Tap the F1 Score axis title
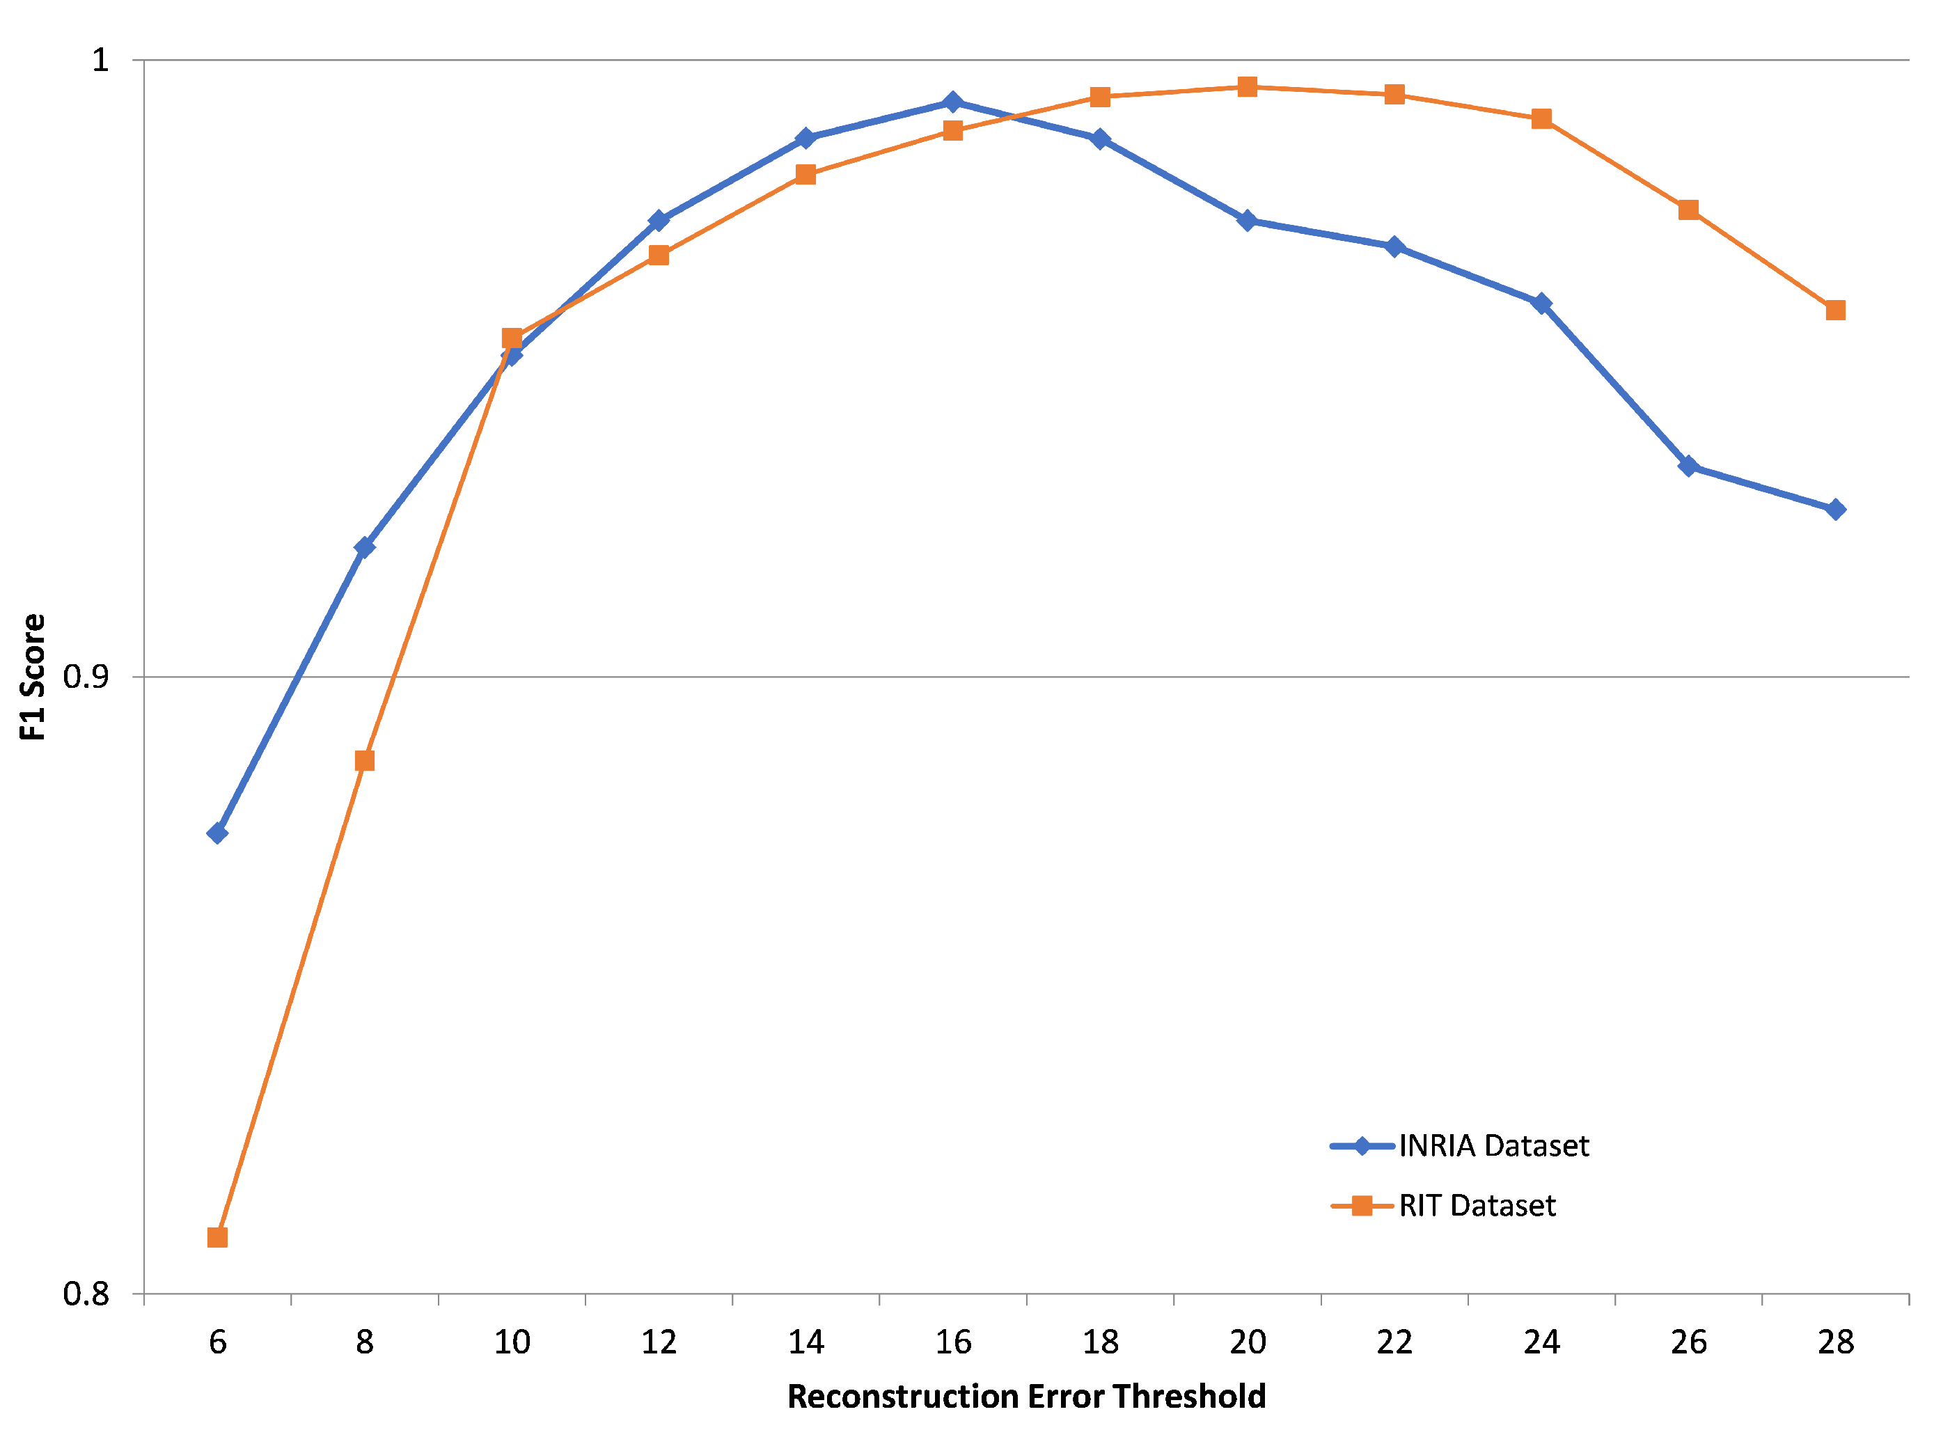pyautogui.click(x=33, y=677)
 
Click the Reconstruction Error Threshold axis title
pyautogui.click(x=1025, y=1396)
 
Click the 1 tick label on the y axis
pyautogui.click(x=101, y=60)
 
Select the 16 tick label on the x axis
pyautogui.click(x=952, y=1342)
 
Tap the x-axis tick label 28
pyautogui.click(x=1835, y=1342)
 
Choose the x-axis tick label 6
pyautogui.click(x=217, y=1342)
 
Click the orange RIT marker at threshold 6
pyautogui.click(x=217, y=1237)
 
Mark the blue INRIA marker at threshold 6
pyautogui.click(x=217, y=833)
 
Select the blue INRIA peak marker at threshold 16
pyautogui.click(x=952, y=102)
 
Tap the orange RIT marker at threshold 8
pyautogui.click(x=364, y=761)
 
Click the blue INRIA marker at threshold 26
pyautogui.click(x=1688, y=466)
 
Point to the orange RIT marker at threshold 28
pyautogui.click(x=1835, y=311)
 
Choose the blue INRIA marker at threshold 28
pyautogui.click(x=1835, y=510)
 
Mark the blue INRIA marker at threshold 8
pyautogui.click(x=364, y=547)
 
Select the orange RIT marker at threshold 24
pyautogui.click(x=1541, y=119)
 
